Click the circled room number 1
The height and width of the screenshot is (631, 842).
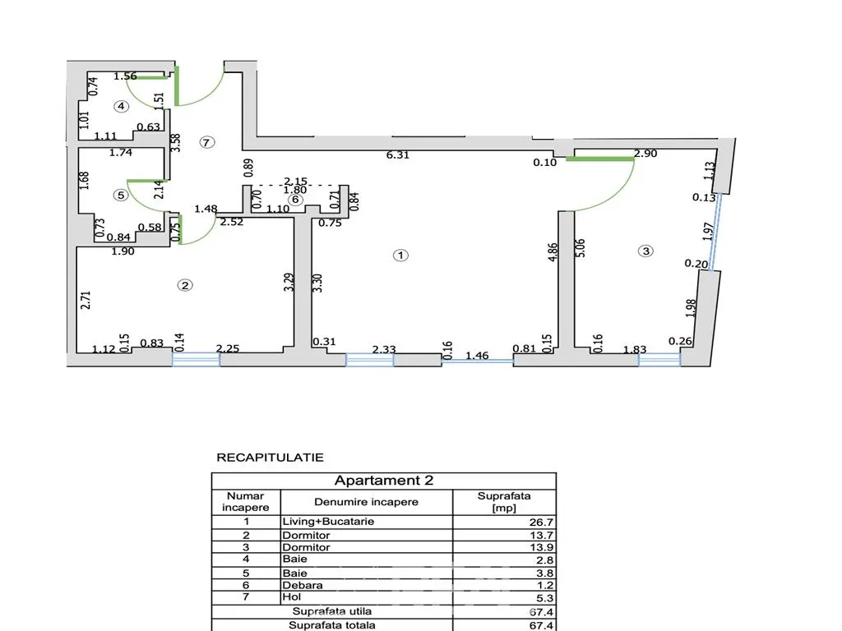[400, 256]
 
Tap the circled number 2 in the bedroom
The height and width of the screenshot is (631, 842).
[185, 285]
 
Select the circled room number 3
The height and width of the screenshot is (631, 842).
[645, 251]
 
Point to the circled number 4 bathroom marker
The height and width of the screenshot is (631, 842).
[122, 106]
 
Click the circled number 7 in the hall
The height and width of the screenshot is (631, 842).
[206, 142]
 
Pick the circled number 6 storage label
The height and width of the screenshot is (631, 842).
[295, 200]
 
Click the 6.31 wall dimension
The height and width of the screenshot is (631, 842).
[398, 155]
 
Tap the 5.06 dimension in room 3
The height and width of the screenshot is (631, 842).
[580, 248]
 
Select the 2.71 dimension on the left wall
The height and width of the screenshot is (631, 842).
[86, 300]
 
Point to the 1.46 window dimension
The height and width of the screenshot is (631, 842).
[477, 356]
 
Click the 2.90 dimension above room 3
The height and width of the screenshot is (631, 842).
[645, 154]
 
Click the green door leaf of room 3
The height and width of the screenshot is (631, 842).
[599, 159]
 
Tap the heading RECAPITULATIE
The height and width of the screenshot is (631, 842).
[270, 458]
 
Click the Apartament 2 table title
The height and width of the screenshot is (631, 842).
[384, 480]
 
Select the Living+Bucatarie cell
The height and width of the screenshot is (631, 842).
[328, 522]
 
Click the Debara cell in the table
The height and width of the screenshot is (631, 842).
[303, 585]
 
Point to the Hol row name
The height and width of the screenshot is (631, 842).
[292, 597]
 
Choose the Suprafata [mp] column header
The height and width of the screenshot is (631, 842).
[504, 502]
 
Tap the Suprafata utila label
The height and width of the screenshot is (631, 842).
[332, 611]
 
